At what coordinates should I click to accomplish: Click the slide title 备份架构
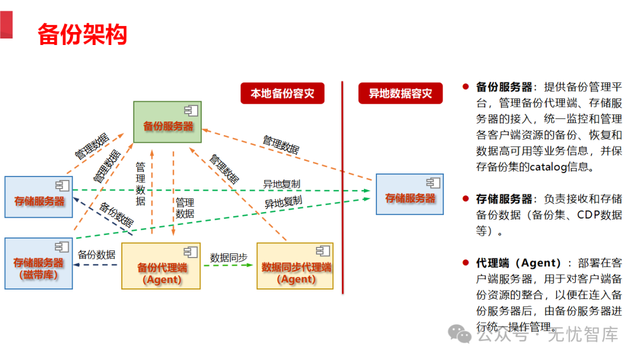pyautogui.click(x=82, y=34)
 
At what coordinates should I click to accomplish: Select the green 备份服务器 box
pyautogui.click(x=168, y=122)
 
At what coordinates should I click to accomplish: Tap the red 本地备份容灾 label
pyautogui.click(x=282, y=94)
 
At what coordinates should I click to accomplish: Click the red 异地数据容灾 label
pyautogui.click(x=401, y=94)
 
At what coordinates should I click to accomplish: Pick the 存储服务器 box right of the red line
pyautogui.click(x=409, y=194)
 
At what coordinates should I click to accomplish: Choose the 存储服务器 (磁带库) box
pyautogui.click(x=38, y=263)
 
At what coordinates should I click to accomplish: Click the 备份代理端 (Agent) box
pyautogui.click(x=161, y=266)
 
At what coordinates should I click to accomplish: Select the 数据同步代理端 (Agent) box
pyautogui.click(x=295, y=266)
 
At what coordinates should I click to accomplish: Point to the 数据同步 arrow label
pyautogui.click(x=228, y=258)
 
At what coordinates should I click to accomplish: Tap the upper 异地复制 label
pyautogui.click(x=282, y=184)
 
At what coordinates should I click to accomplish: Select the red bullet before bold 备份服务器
pyautogui.click(x=466, y=87)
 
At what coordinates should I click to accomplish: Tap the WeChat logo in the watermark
pyautogui.click(x=460, y=335)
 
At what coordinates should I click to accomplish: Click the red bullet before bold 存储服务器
pyautogui.click(x=466, y=199)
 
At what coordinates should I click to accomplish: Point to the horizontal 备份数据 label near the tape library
pyautogui.click(x=96, y=255)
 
